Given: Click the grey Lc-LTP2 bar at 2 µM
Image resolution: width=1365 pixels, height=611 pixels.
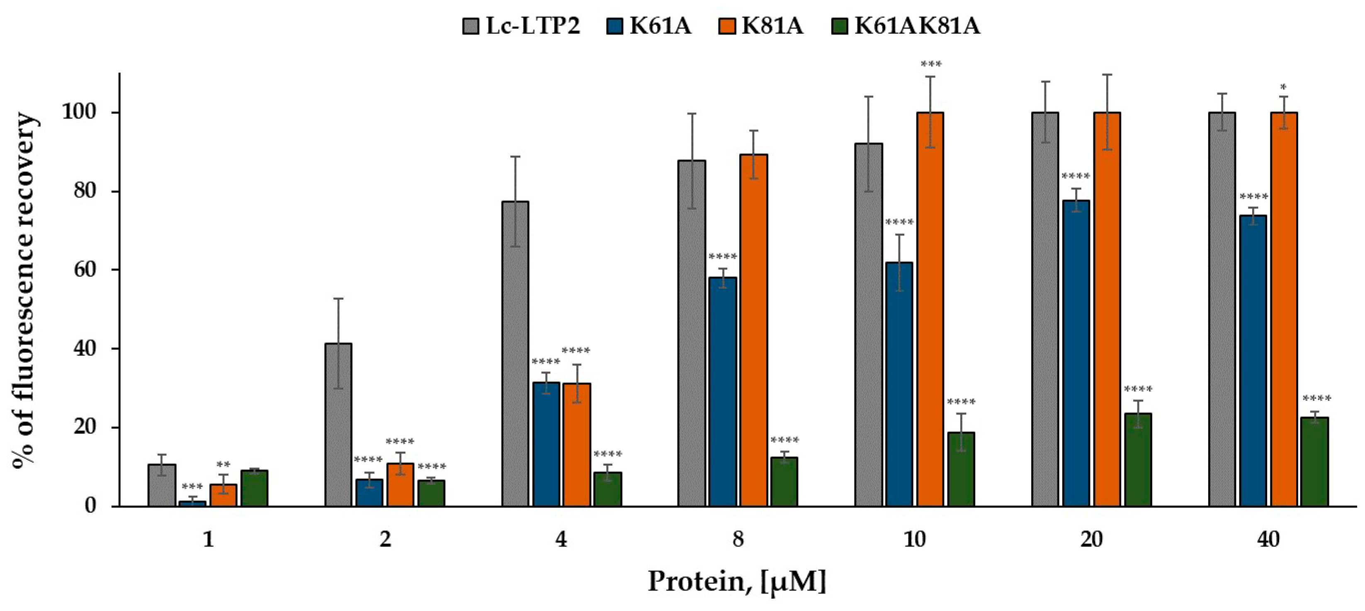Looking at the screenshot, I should (338, 424).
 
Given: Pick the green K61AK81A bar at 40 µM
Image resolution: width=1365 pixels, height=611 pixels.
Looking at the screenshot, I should (1315, 462).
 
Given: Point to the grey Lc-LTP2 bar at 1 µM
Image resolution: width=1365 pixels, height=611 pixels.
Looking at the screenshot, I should (162, 485).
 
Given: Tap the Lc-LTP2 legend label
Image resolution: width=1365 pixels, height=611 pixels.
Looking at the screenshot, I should (532, 25).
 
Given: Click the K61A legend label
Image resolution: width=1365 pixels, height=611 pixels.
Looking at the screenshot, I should (660, 25).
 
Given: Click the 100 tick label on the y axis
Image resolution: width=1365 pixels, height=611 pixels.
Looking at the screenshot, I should (80, 112).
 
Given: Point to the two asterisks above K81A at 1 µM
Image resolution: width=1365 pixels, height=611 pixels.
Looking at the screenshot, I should (223, 465).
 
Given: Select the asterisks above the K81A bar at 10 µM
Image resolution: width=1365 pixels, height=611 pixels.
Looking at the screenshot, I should (931, 64).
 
